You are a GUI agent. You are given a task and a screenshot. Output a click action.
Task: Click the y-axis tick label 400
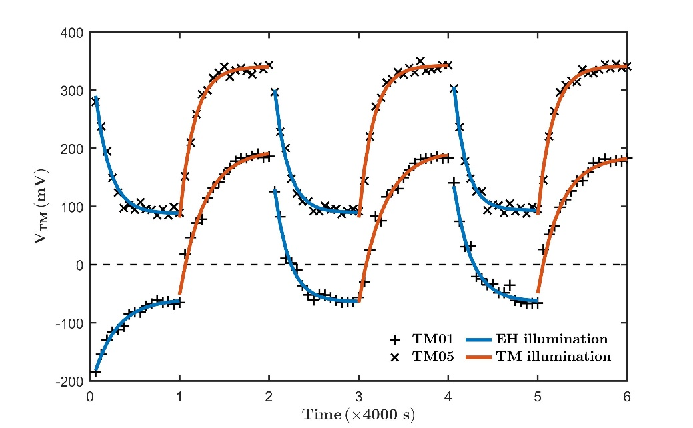(73, 33)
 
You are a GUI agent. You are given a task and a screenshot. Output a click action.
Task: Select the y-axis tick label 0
(79, 265)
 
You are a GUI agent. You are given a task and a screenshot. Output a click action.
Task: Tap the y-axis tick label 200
(73, 149)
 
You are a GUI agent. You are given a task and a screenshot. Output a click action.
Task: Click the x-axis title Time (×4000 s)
(359, 415)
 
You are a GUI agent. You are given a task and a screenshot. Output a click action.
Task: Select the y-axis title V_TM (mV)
(41, 207)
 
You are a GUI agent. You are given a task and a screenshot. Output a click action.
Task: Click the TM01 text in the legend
(434, 339)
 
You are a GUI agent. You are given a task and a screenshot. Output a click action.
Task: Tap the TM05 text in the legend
(434, 357)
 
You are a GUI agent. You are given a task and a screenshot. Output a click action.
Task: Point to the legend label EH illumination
(553, 339)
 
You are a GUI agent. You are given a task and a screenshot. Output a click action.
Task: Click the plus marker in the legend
(396, 339)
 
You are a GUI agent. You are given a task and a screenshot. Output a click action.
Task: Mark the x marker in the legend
(396, 357)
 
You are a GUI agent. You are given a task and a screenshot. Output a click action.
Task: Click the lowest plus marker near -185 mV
(96, 372)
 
